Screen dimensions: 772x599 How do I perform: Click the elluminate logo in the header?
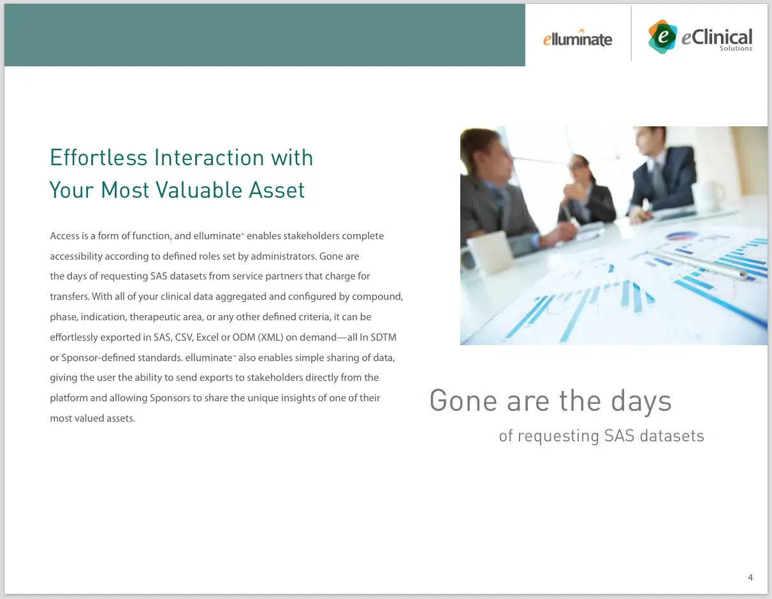click(578, 38)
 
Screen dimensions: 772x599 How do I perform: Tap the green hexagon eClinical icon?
click(662, 36)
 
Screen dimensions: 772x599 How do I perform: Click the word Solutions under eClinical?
click(736, 48)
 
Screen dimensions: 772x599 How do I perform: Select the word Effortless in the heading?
click(98, 158)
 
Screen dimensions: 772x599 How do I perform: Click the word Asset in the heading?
click(277, 190)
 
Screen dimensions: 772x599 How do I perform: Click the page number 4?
click(750, 577)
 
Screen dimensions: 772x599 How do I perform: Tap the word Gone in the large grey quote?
click(463, 401)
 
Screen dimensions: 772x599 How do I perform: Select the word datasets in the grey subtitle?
click(672, 436)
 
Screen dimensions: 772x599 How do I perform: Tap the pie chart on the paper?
click(681, 236)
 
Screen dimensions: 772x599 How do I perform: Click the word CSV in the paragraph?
click(184, 337)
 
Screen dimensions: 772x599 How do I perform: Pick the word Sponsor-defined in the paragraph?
click(98, 358)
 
